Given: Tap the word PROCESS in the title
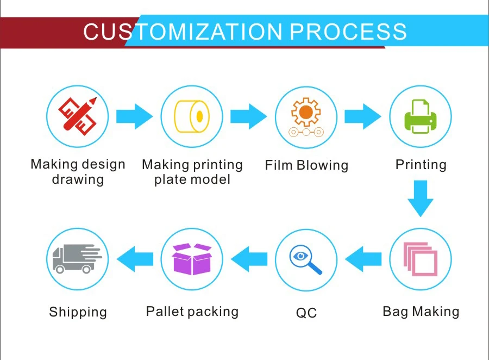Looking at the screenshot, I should pos(348,32).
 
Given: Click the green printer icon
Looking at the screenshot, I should pos(420,116).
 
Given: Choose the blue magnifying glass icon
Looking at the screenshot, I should pos(306,259).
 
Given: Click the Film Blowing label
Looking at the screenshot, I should pos(306,165).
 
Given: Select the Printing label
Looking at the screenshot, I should pos(421,165).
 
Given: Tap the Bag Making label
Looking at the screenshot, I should pos(421,312).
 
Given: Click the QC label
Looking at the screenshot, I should pos(306,313).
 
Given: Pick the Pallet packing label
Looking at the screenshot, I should pos(192,312).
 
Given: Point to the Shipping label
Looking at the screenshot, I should pos(78,312).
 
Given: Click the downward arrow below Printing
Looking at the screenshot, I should pos(420,198).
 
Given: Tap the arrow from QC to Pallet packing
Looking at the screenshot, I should pos(249,259).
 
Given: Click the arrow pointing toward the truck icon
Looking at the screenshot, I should pos(135,259).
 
